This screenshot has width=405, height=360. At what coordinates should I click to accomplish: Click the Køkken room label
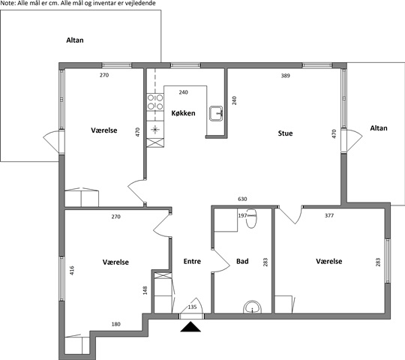184,113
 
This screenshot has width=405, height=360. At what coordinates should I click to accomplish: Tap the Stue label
286,133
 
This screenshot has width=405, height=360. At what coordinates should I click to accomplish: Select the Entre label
192,261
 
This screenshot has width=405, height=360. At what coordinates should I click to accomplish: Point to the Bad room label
242,261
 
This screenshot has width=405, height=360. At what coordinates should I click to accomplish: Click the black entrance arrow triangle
190,327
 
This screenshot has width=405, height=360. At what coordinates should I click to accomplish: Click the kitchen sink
216,113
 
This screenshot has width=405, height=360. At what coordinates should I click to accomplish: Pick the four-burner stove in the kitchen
155,102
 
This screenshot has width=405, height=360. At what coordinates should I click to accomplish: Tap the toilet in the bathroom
251,218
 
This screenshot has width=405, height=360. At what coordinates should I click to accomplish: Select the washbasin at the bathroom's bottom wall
252,307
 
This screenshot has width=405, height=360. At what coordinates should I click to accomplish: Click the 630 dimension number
242,199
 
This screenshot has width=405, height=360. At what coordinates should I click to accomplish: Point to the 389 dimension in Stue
286,76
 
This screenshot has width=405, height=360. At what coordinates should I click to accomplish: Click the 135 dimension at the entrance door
192,307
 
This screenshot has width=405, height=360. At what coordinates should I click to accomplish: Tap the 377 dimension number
329,216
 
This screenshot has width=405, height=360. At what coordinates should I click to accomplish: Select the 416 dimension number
72,271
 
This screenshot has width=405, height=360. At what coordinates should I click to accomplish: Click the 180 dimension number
116,324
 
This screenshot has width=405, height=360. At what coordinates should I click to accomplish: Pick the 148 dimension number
145,290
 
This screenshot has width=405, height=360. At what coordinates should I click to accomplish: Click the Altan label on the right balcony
379,128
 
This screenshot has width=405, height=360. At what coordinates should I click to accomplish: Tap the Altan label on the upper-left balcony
75,40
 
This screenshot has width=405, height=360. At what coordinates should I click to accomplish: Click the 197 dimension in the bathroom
242,215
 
